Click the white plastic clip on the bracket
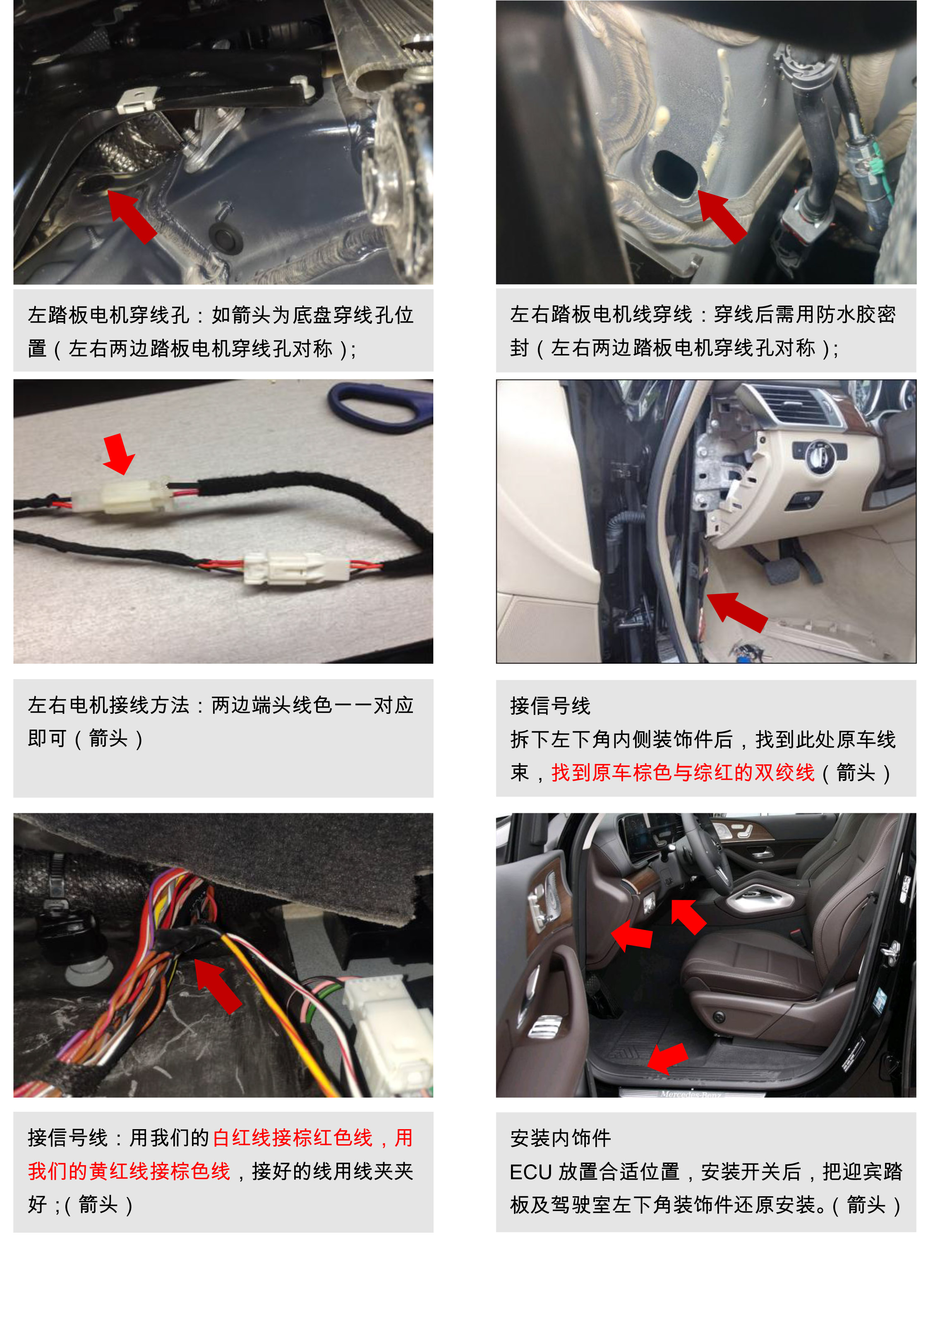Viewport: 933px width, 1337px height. coord(136,100)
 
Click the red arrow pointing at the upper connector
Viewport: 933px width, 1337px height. coord(119,454)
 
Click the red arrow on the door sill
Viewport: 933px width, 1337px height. coord(667,1058)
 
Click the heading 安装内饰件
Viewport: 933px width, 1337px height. coord(561,1137)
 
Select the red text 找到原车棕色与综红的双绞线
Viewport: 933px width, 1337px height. coord(683,772)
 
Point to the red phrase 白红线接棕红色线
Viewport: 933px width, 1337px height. coord(293,1137)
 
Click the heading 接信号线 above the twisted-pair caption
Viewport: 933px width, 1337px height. coord(550,705)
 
